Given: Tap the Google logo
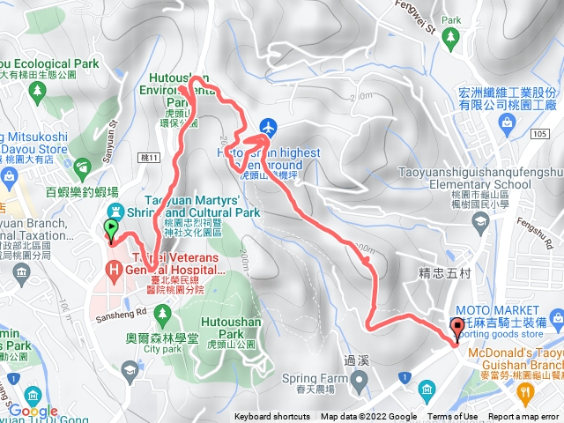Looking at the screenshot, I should tap(33, 411).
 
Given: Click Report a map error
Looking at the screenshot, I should tap(525, 417).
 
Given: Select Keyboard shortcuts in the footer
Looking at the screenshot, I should tap(272, 417).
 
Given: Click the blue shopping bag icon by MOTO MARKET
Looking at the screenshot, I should tap(553, 316).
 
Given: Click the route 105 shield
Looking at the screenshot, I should tap(539, 133).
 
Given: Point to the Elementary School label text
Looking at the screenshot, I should tap(476, 185).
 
